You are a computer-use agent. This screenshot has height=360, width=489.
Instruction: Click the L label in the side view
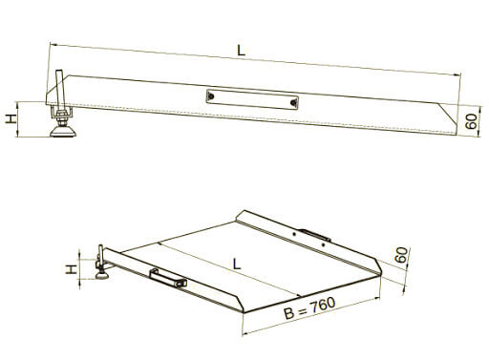pyautogui.click(x=242, y=51)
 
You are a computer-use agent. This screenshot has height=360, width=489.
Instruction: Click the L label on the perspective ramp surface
pyautogui.click(x=237, y=264)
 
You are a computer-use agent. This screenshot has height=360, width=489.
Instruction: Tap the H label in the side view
pyautogui.click(x=11, y=119)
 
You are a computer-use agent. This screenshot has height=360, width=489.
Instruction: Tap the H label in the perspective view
pyautogui.click(x=72, y=269)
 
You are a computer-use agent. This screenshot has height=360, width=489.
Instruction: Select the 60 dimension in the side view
pyautogui.click(x=472, y=121)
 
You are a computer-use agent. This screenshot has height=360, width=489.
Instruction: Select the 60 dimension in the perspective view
pyautogui.click(x=401, y=255)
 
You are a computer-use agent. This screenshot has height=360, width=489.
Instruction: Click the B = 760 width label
pyautogui.click(x=309, y=307)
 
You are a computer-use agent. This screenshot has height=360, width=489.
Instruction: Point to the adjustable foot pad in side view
pyautogui.click(x=63, y=131)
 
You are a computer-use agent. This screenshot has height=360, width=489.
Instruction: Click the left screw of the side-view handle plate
pyautogui.click(x=211, y=95)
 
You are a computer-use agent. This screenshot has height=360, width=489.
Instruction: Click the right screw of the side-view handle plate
pyautogui.click(x=293, y=102)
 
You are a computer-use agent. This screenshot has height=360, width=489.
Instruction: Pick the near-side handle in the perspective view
pyautogui.click(x=168, y=279)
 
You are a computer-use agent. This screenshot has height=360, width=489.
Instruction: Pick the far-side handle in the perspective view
pyautogui.click(x=314, y=235)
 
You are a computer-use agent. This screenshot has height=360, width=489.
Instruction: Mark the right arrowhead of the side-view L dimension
pyautogui.click(x=457, y=74)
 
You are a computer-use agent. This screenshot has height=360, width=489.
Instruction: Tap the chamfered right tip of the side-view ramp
pyautogui.click(x=457, y=134)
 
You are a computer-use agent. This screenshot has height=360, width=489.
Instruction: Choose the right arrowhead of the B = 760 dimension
pyautogui.click(x=377, y=298)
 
